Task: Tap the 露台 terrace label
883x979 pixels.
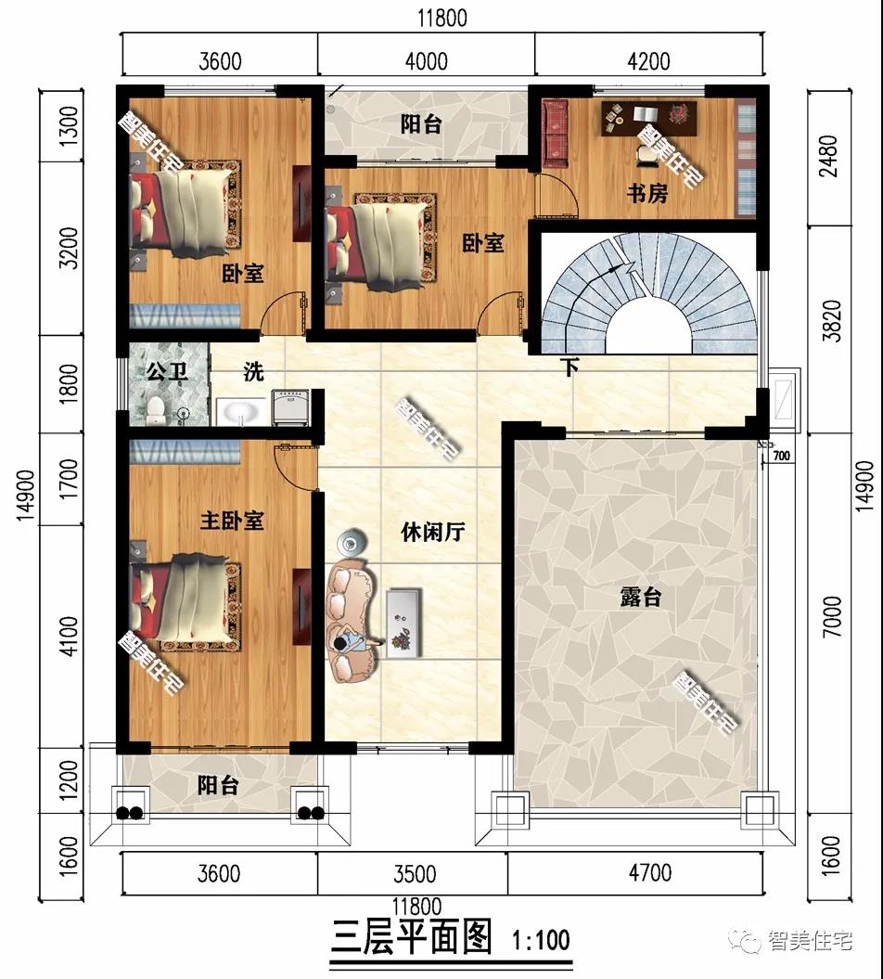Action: point(640,597)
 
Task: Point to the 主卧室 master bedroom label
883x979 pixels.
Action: point(232,521)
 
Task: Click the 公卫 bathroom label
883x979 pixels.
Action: point(167,373)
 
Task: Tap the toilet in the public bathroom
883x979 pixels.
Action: point(158,407)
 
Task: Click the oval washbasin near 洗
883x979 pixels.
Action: point(241,411)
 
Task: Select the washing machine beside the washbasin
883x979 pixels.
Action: point(291,407)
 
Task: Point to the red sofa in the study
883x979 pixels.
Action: point(555,126)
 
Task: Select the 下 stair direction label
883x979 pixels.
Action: point(569,367)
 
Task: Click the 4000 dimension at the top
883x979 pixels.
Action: point(427,61)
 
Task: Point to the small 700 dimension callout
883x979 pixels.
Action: point(780,456)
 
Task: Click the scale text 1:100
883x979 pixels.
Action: point(541,939)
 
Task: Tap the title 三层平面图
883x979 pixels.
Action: point(411,937)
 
